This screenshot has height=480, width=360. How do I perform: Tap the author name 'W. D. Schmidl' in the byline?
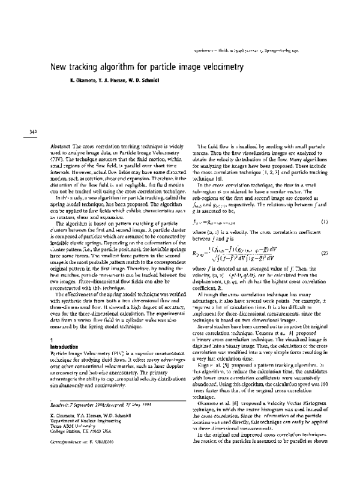pyautogui.click(x=142, y=81)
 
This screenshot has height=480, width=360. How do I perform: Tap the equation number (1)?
pyautogui.click(x=326, y=206)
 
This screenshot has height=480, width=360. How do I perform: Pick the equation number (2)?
pyautogui.click(x=326, y=237)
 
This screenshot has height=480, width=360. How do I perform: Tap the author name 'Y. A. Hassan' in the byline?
pyautogui.click(x=108, y=81)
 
